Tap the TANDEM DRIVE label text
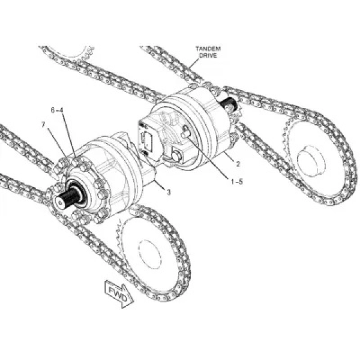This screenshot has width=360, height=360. (208, 52)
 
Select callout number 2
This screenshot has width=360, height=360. (238, 164)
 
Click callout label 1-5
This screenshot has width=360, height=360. (237, 182)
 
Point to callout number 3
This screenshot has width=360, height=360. (169, 192)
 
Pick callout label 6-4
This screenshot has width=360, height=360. (57, 110)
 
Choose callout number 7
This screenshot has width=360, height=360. (43, 125)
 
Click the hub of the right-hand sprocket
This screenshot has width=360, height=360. (311, 161)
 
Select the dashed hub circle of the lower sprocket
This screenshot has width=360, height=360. (151, 254)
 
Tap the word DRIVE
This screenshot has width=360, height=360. (208, 55)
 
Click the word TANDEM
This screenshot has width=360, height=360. (208, 49)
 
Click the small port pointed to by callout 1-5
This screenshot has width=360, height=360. (185, 134)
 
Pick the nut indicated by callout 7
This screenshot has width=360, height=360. (63, 163)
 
